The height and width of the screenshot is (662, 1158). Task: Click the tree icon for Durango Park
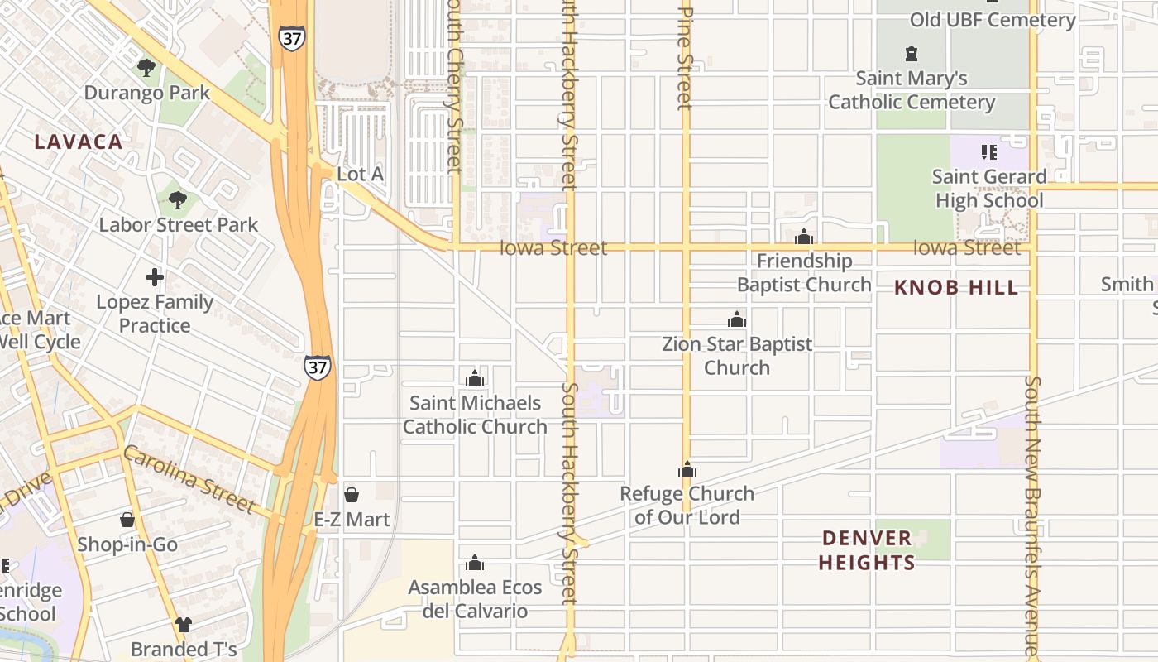pyautogui.click(x=146, y=68)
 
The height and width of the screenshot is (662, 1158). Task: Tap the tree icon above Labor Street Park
pyautogui.click(x=177, y=199)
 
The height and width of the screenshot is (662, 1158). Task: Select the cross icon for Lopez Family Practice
pyautogui.click(x=155, y=277)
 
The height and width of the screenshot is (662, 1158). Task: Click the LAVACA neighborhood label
pyautogui.click(x=79, y=142)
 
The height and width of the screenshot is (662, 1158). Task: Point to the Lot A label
pyautogui.click(x=361, y=174)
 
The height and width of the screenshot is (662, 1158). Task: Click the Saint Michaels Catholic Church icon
pyautogui.click(x=475, y=378)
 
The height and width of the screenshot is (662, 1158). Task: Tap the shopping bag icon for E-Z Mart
pyautogui.click(x=352, y=495)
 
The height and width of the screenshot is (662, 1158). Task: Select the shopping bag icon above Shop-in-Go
pyautogui.click(x=127, y=520)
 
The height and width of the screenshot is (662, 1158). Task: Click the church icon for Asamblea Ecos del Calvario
pyautogui.click(x=475, y=563)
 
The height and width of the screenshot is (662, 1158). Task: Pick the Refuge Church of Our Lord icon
pyautogui.click(x=687, y=470)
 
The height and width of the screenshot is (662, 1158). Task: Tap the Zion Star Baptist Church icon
pyautogui.click(x=737, y=319)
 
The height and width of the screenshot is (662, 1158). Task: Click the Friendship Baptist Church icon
pyautogui.click(x=804, y=237)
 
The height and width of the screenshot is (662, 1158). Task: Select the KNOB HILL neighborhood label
pyautogui.click(x=956, y=288)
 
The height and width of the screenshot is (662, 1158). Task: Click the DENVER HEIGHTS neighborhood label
pyautogui.click(x=867, y=550)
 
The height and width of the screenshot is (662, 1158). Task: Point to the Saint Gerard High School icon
pyautogui.click(x=988, y=152)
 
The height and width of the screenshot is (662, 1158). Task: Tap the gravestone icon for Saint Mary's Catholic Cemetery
pyautogui.click(x=912, y=54)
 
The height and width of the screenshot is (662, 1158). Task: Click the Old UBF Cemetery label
pyautogui.click(x=993, y=20)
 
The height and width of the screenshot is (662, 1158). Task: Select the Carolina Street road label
pyautogui.click(x=189, y=478)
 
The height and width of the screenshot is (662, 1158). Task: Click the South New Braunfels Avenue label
pyautogui.click(x=1033, y=517)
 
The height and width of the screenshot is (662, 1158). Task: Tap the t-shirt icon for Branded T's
pyautogui.click(x=184, y=625)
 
